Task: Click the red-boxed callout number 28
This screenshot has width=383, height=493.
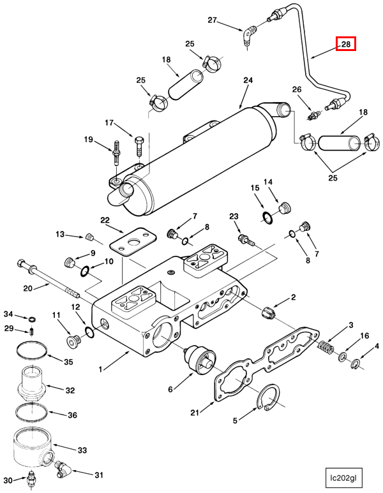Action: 346,44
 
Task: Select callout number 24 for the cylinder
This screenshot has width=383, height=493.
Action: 248,80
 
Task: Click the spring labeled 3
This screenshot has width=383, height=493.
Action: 327,348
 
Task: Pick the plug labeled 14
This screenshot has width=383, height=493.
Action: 285,207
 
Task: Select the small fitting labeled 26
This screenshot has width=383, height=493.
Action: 313,117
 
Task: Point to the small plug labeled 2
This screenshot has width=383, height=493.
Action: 268,312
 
